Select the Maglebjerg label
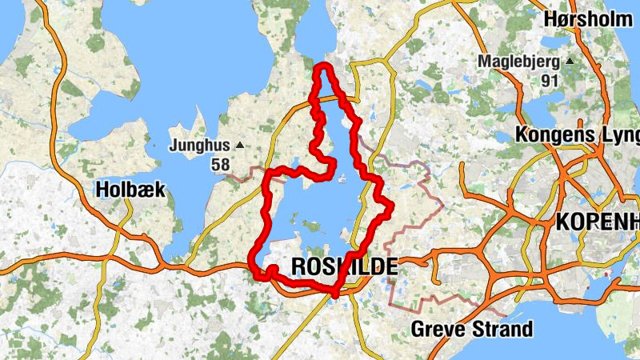tap(520, 61)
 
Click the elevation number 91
tap(549, 80)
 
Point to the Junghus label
tap(200, 146)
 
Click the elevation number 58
tap(221, 165)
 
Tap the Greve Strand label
tap(471, 329)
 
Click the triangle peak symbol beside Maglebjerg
tap(570, 61)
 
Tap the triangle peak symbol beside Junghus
tap(238, 146)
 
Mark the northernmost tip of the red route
tap(322, 65)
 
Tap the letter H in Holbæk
tap(102, 190)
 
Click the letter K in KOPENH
tap(562, 222)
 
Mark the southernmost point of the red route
tap(334, 295)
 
